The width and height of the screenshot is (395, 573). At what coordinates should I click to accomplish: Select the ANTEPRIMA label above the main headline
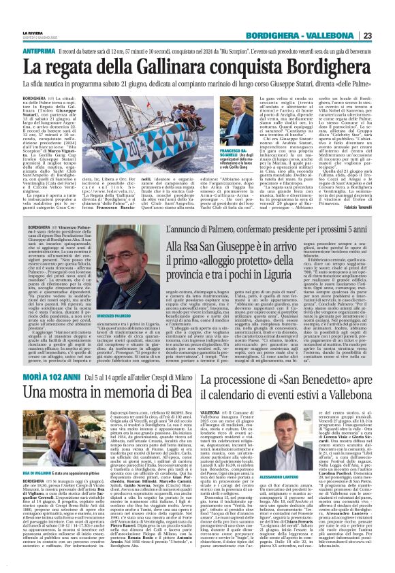click(x=39, y=51)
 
